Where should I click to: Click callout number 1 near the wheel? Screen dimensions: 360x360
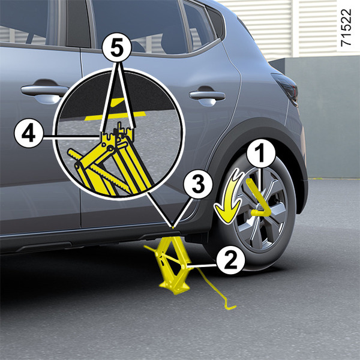tap(261, 154)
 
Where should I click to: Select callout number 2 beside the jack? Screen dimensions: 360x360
tap(230, 260)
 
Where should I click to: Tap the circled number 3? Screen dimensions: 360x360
tap(198, 185)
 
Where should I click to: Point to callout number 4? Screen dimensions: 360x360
tap(28, 133)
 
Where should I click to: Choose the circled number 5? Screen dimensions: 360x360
tap(117, 49)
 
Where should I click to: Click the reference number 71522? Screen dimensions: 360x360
tap(346, 28)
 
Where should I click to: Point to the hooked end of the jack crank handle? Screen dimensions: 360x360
tap(230, 307)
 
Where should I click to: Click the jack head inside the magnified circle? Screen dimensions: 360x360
tap(117, 133)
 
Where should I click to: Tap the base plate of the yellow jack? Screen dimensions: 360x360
tap(175, 287)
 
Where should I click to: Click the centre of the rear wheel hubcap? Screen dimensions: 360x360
tap(261, 208)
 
